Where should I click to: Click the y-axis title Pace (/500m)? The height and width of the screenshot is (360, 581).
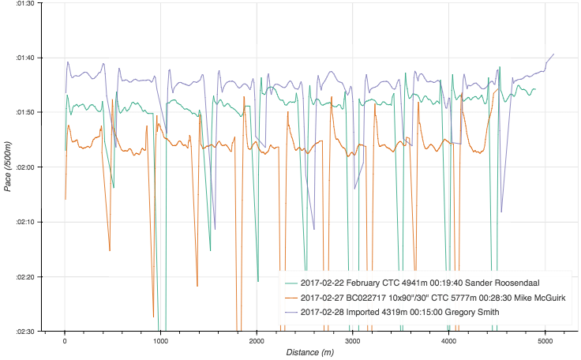click(8, 167)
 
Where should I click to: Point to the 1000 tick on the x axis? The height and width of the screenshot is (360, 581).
click(160, 340)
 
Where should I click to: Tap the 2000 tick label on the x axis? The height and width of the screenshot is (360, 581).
click(257, 340)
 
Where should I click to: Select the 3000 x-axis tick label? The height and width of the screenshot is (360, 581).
click(352, 340)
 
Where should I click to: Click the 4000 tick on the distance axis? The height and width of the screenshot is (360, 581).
click(448, 340)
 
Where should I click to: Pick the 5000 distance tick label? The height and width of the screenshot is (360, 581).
click(545, 340)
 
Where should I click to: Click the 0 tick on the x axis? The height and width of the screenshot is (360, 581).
click(65, 340)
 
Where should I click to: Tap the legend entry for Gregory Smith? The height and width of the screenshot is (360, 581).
click(399, 312)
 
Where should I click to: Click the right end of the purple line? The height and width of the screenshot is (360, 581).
click(554, 54)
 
